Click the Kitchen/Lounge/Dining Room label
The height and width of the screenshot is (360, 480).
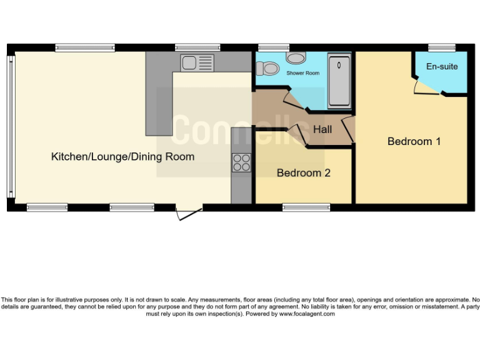point(122,157)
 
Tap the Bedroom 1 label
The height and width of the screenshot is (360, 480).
point(414,141)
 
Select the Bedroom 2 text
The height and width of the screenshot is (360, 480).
point(304,172)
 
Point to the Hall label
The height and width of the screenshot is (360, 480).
point(322,130)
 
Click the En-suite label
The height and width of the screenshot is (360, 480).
point(442,66)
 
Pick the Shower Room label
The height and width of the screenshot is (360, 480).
point(302,73)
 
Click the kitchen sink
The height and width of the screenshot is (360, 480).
point(197,62)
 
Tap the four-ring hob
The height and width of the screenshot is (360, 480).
point(241,162)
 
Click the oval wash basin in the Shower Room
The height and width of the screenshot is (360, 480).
point(296,58)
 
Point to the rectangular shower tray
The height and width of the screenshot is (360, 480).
point(339,81)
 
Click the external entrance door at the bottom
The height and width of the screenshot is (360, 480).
point(189,214)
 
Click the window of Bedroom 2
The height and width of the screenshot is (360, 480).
point(302,207)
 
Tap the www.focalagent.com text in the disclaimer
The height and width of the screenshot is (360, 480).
point(306,314)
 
